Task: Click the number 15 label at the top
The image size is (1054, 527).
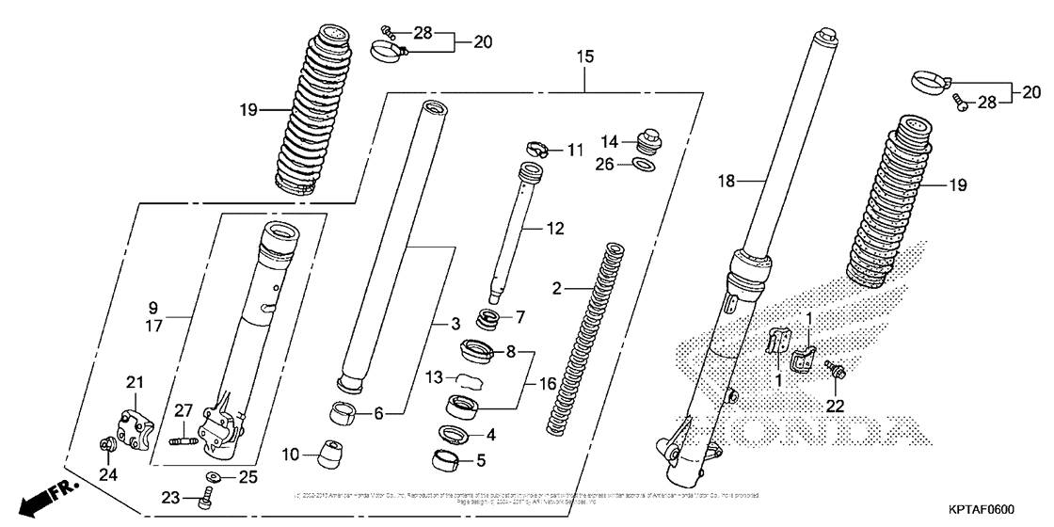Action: (x=585, y=57)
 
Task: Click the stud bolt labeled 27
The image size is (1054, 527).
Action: (x=182, y=438)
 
